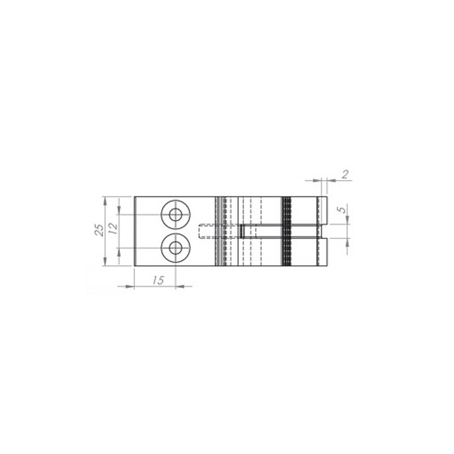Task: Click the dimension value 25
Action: click(100, 230)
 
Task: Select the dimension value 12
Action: click(113, 229)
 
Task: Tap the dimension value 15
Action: click(158, 280)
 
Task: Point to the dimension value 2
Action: click(345, 174)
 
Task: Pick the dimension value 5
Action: click(343, 209)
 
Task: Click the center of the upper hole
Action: click(175, 215)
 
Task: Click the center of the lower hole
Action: click(175, 248)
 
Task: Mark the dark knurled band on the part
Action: click(287, 231)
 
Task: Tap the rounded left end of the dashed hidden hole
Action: click(200, 232)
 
